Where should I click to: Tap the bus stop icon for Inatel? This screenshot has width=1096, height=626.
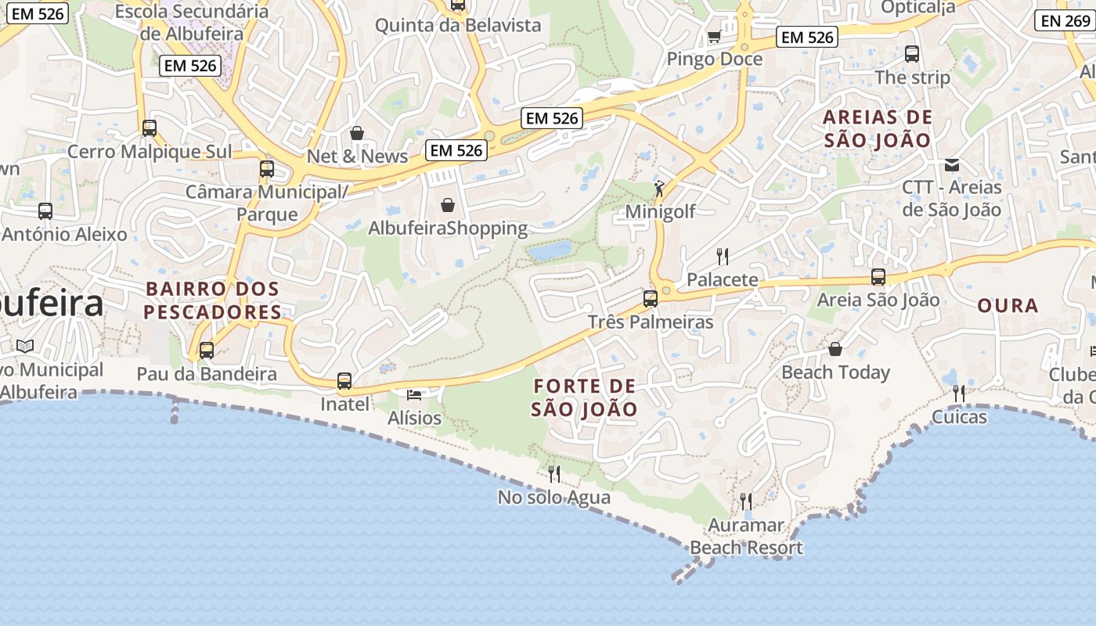344,381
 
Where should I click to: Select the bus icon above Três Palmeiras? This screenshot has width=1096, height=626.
650,298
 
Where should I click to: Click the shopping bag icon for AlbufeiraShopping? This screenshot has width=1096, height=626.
448,205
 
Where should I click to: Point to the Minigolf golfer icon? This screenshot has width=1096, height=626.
659,189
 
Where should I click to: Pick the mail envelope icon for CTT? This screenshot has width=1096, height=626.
952,164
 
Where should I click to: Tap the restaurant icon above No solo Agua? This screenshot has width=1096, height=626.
554,473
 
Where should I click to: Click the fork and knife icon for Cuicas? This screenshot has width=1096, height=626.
959,393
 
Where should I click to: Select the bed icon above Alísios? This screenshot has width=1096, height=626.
414,394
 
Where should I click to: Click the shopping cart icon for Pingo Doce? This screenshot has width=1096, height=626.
714,36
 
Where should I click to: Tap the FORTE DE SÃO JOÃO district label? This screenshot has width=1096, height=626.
584,398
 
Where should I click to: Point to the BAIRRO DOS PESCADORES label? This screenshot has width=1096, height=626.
213,300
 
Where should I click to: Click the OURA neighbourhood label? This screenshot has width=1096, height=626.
1008,306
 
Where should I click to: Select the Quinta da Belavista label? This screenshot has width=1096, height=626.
458,25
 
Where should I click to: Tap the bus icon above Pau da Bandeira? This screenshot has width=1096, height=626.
207,350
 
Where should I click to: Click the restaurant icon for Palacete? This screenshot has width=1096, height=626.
723,256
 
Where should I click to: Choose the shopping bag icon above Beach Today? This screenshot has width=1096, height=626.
835,349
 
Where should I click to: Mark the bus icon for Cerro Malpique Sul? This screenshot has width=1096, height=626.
150,128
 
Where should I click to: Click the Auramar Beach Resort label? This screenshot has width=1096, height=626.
746,536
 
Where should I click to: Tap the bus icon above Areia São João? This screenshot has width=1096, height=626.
878,276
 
